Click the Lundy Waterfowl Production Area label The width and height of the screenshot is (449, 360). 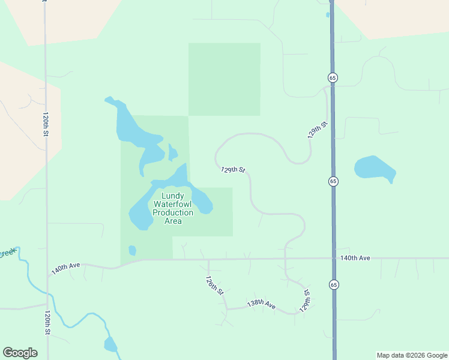(173, 208)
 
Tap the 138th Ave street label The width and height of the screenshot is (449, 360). (261, 304)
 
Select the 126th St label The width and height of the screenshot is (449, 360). (214, 286)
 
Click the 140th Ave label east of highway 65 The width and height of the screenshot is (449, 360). (355, 258)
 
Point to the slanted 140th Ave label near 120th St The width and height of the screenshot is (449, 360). (65, 268)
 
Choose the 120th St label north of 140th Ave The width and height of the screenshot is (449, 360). (45, 124)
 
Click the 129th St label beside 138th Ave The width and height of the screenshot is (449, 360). (306, 301)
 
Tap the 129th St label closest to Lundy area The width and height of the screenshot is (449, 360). (233, 170)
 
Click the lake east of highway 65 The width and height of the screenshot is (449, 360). (373, 167)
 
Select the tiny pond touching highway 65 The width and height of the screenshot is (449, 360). (328, 14)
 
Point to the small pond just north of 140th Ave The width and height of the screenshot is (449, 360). (132, 250)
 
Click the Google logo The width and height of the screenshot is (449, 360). (20, 353)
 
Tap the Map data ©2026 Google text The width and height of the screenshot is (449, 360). (411, 355)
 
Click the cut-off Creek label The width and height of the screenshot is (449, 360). (7, 253)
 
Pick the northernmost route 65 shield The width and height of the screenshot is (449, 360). (332, 77)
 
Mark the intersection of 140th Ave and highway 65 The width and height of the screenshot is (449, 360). (333, 259)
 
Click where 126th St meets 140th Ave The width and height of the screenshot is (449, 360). (208, 260)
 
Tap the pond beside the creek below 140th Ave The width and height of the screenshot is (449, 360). (110, 344)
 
